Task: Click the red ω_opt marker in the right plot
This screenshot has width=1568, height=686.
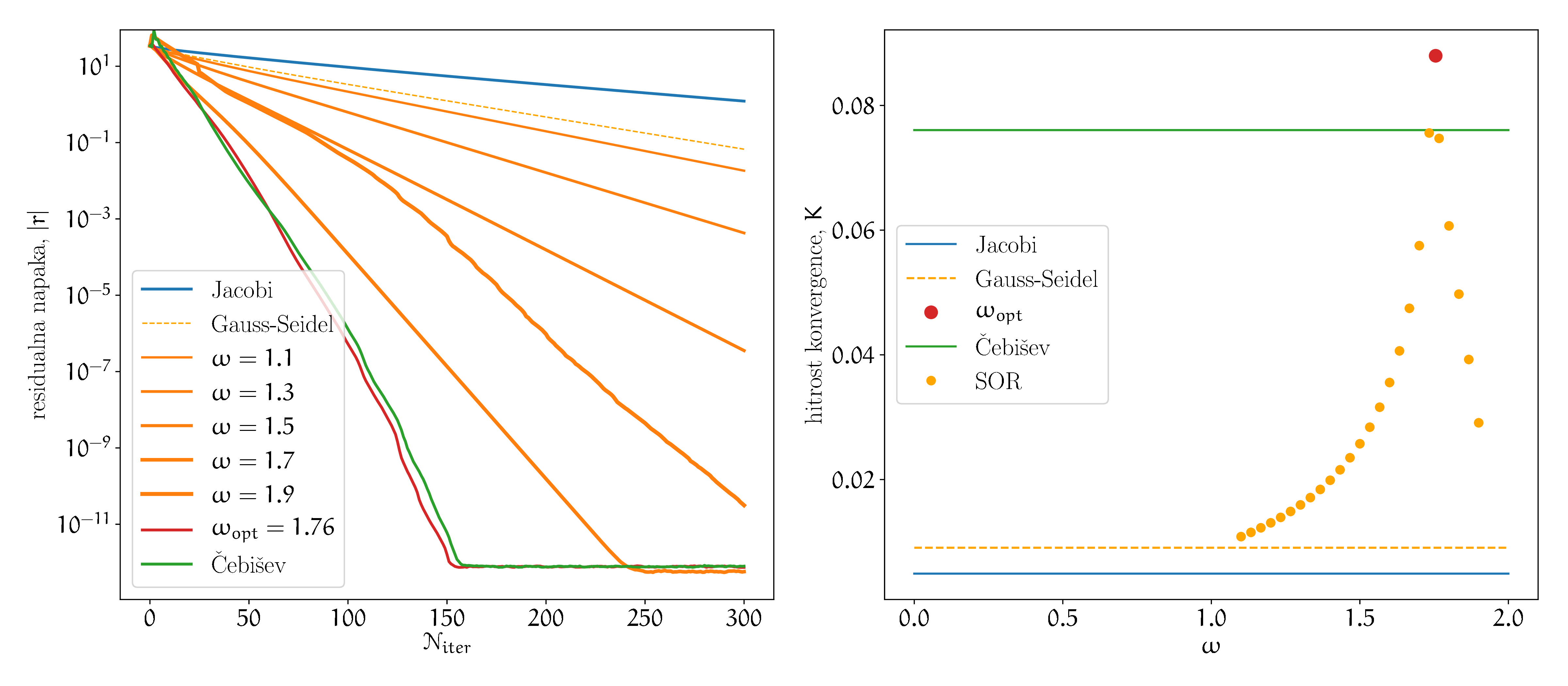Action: coord(1435,56)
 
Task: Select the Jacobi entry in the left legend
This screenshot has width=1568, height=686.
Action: coord(242,290)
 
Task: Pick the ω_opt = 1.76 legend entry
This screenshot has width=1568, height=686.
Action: coord(273,528)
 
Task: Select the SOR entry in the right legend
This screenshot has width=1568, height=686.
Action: coord(998,381)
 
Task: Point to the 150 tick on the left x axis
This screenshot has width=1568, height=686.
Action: coord(447,618)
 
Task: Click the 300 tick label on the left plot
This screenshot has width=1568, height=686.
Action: coord(744,618)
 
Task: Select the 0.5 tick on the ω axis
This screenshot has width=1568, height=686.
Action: coord(1062,618)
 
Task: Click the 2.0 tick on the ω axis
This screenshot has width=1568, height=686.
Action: coord(1508,618)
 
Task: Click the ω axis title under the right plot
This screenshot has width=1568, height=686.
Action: coord(1211,645)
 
